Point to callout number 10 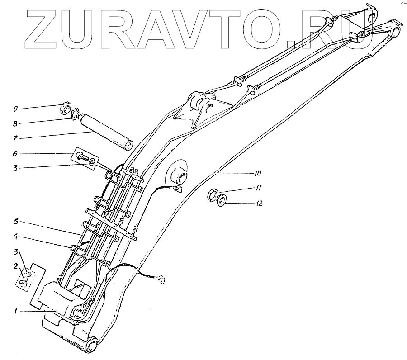(x=257, y=173)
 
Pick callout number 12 (x=259, y=204)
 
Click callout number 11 (x=257, y=188)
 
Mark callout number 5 (x=15, y=222)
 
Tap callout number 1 (x=15, y=311)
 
